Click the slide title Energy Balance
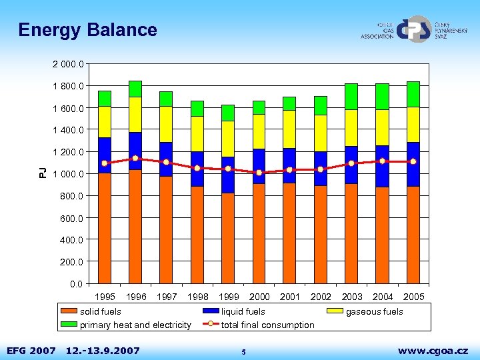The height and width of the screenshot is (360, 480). point(87,30)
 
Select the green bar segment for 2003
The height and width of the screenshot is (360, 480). point(351,97)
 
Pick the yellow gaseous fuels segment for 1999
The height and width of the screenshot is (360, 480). point(228,139)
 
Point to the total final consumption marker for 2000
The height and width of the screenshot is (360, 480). point(259,173)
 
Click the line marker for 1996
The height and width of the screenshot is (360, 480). point(135,158)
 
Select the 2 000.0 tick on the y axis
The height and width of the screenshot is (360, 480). point(68,64)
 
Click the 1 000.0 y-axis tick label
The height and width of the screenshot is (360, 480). point(68,174)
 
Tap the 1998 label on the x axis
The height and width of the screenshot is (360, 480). point(198,297)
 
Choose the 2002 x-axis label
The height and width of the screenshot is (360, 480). point(321,297)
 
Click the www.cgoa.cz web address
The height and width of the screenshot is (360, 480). point(433,349)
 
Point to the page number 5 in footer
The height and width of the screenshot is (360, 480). point(244,351)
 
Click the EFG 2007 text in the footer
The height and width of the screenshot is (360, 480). point(31,349)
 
